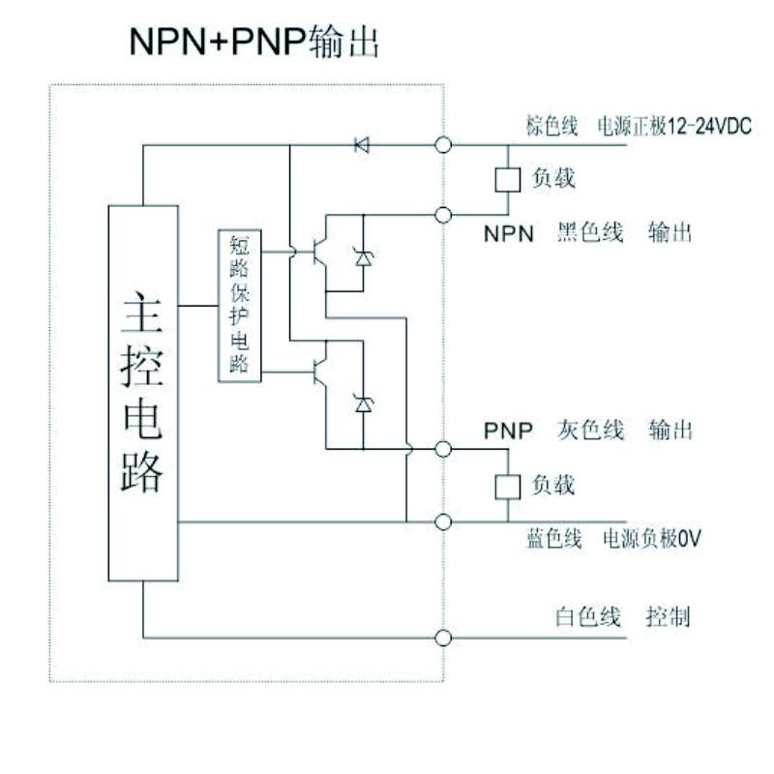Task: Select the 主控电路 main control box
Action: [142, 393]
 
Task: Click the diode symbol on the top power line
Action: [362, 145]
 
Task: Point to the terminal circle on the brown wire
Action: [444, 145]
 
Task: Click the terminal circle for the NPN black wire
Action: [444, 214]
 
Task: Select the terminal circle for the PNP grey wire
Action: [444, 449]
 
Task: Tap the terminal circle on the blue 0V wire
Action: [444, 522]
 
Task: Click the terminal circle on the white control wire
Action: [444, 638]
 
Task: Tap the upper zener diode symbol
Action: [364, 256]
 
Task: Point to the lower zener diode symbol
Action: [364, 404]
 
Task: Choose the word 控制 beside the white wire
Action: [668, 617]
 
